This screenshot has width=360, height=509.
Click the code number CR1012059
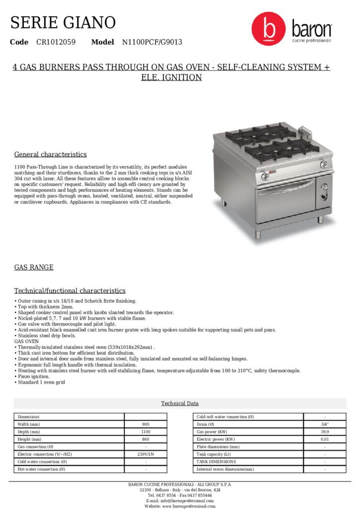click(x=56, y=42)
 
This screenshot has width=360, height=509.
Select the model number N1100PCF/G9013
click(x=152, y=42)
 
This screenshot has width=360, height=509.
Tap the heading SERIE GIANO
click(x=63, y=22)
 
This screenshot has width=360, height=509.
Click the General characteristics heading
click(x=50, y=155)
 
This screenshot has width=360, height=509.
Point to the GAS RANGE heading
click(x=34, y=267)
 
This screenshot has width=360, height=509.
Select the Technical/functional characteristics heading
click(x=70, y=291)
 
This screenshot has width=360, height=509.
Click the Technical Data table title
click(x=180, y=403)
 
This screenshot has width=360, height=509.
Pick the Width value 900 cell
click(x=146, y=424)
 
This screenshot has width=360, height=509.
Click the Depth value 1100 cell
click(x=146, y=432)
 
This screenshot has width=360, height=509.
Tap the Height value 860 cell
click(x=146, y=439)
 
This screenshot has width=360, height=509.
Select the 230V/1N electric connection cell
click(x=146, y=454)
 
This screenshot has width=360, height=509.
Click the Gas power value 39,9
click(x=325, y=432)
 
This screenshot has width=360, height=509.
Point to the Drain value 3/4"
click(x=325, y=424)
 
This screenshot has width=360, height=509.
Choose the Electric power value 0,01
click(x=325, y=439)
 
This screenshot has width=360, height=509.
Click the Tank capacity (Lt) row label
click(x=214, y=454)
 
